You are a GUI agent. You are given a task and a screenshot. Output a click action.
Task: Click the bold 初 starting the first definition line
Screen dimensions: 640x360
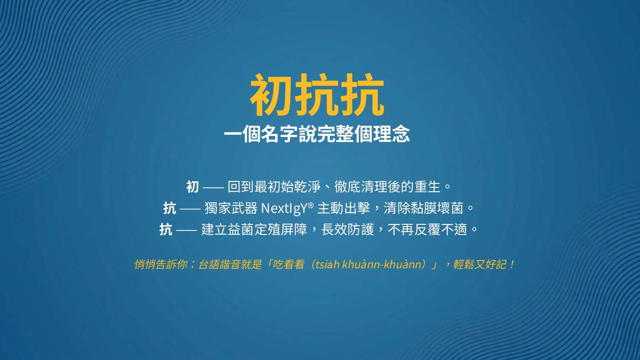coord(192,187)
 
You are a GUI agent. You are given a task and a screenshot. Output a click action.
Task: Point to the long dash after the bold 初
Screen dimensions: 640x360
coord(213,188)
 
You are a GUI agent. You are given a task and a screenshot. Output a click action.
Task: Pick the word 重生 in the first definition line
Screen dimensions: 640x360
coord(427,187)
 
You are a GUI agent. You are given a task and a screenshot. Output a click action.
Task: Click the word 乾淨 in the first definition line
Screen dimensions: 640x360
coord(308,187)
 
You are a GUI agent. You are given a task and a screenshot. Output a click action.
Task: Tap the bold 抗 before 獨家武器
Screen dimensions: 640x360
coord(170,208)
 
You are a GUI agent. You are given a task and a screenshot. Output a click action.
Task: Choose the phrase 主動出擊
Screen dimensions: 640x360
coord(344,208)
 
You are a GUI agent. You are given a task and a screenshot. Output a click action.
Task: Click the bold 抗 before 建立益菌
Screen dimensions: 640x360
coord(166,229)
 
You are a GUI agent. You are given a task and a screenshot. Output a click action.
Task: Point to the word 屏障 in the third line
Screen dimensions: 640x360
coord(294,229)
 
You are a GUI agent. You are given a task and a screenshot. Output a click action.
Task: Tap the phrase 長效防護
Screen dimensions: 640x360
coord(347,229)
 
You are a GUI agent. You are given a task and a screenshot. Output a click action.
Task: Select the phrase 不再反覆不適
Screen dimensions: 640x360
coord(428,229)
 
